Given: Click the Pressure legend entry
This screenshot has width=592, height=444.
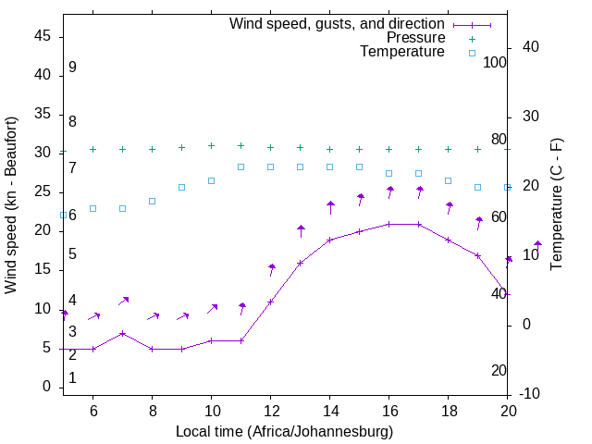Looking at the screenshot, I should click(x=416, y=38).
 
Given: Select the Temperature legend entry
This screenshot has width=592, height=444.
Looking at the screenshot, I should click(x=402, y=53).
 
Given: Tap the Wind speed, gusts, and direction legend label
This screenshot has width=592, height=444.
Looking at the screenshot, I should click(x=338, y=23).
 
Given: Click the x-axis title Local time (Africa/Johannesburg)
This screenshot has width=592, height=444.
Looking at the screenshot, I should click(x=285, y=431).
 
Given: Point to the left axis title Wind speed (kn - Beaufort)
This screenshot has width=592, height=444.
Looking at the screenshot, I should click(x=11, y=205).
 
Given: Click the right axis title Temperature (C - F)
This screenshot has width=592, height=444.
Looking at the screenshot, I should click(x=556, y=205).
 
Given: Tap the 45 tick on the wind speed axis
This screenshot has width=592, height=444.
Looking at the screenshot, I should click(x=42, y=36).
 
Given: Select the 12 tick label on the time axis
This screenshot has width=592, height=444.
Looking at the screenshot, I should click(x=270, y=410).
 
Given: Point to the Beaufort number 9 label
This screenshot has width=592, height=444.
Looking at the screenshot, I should click(x=72, y=68).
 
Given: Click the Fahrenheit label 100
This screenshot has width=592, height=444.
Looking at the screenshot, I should click(x=495, y=62).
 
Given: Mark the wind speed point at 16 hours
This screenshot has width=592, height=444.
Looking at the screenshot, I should click(x=389, y=224).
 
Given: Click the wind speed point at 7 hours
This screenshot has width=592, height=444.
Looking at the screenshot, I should click(x=123, y=333).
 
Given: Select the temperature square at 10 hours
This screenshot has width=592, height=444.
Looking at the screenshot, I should click(x=212, y=180).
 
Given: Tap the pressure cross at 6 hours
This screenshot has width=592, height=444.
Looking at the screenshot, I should click(x=93, y=149).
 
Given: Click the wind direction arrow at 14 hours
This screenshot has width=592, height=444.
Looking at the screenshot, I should click(x=330, y=206).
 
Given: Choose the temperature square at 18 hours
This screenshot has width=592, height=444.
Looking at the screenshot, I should click(x=449, y=180).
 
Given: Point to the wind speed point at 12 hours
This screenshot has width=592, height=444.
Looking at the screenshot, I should click(x=271, y=302).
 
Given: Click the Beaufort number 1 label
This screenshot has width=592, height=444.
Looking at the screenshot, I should click(x=72, y=377).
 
